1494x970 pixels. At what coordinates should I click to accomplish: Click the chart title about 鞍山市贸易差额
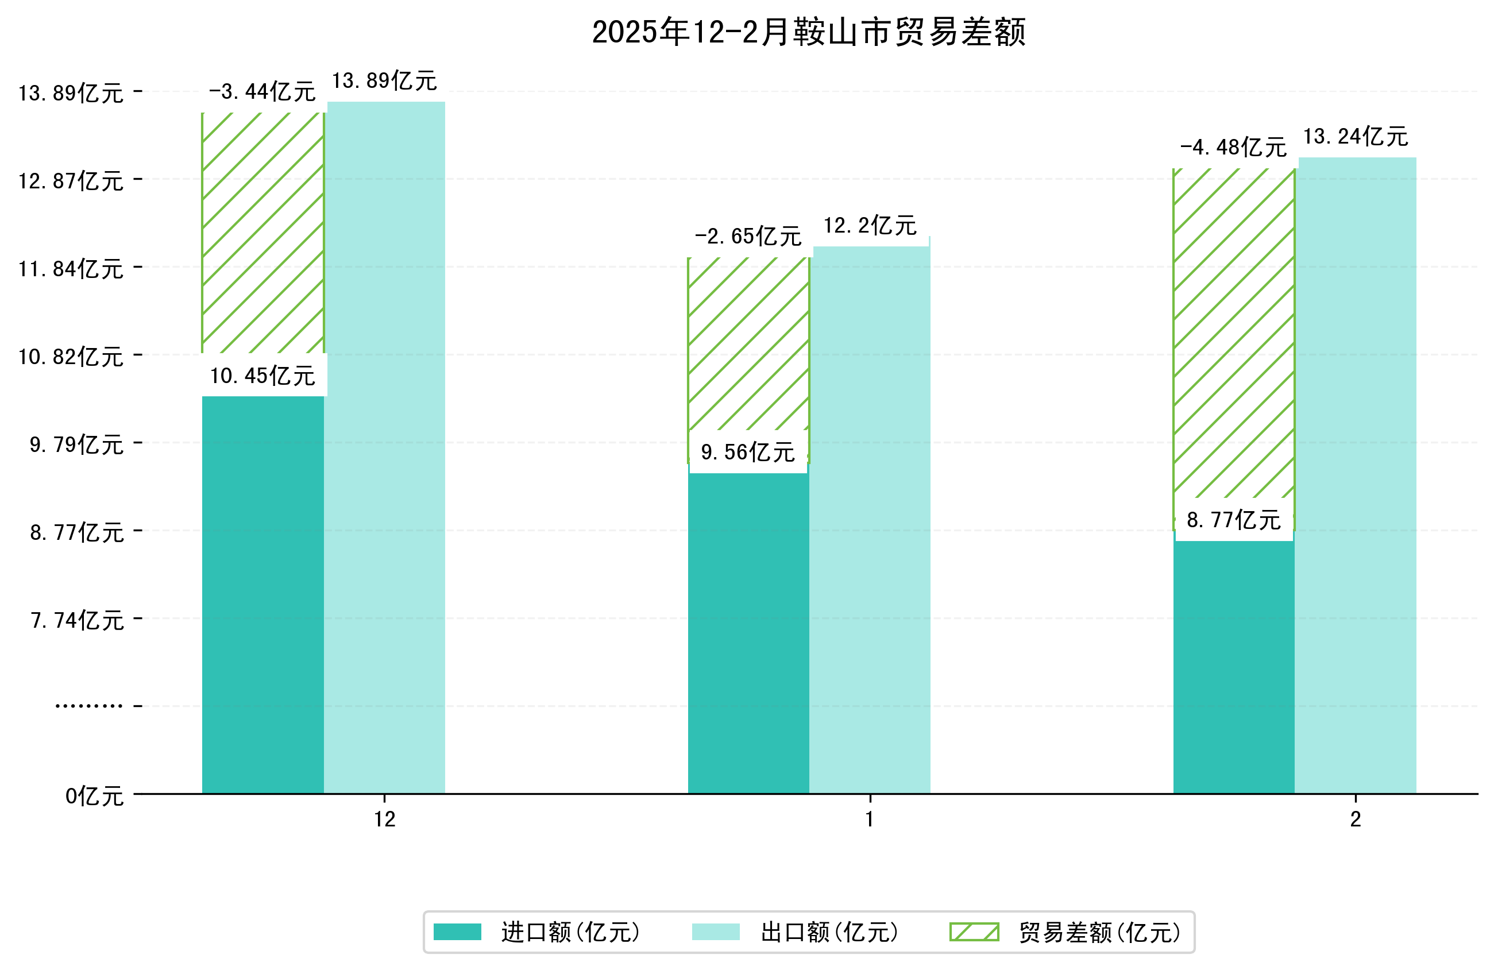[x=809, y=33]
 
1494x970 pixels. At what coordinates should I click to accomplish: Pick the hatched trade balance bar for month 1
[x=748, y=345]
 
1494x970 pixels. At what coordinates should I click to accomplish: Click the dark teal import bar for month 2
[x=1233, y=666]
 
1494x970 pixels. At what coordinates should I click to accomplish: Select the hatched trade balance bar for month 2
[x=1233, y=333]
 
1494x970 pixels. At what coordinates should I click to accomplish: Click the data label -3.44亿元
[x=262, y=92]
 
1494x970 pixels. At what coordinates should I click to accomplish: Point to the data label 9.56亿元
[x=748, y=452]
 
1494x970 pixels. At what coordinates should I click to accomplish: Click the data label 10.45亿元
[x=262, y=376]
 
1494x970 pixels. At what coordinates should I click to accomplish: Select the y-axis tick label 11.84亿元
[x=71, y=269]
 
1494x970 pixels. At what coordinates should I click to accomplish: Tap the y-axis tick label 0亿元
[x=94, y=796]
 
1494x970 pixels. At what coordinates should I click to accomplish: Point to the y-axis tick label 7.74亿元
[x=77, y=620]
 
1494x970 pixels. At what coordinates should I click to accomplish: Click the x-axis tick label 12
[x=385, y=820]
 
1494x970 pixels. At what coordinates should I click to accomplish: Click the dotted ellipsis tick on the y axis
[x=88, y=706]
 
